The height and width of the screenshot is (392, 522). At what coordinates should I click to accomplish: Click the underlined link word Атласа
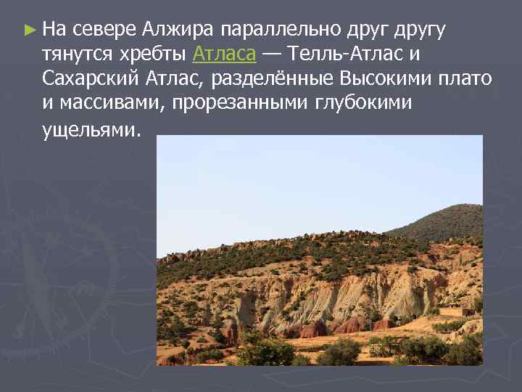(x=225, y=54)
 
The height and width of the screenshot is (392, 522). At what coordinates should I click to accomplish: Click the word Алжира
(x=178, y=30)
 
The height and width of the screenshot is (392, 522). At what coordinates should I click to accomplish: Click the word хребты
(x=153, y=54)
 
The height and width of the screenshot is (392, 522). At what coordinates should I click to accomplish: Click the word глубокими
(x=363, y=102)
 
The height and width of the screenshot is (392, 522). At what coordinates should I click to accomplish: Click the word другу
(x=420, y=30)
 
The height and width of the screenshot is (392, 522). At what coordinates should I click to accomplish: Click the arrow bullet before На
(x=29, y=30)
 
